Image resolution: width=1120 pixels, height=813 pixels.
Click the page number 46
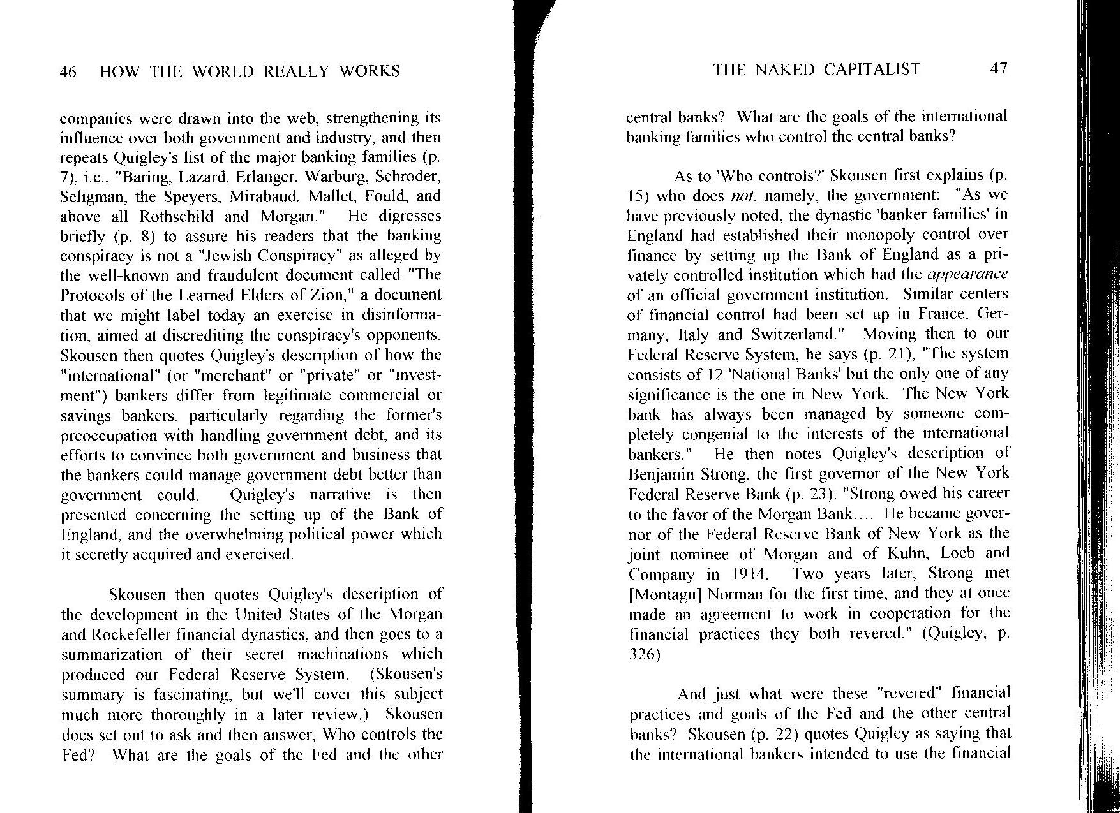coord(68,72)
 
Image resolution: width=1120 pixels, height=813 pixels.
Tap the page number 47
coord(998,70)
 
